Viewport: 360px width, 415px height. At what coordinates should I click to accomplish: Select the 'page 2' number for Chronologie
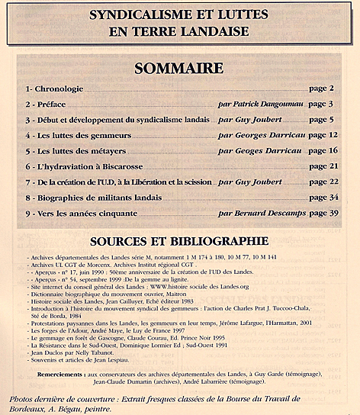tap(321, 88)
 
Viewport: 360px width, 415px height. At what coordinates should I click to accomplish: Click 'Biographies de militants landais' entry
tap(90, 198)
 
